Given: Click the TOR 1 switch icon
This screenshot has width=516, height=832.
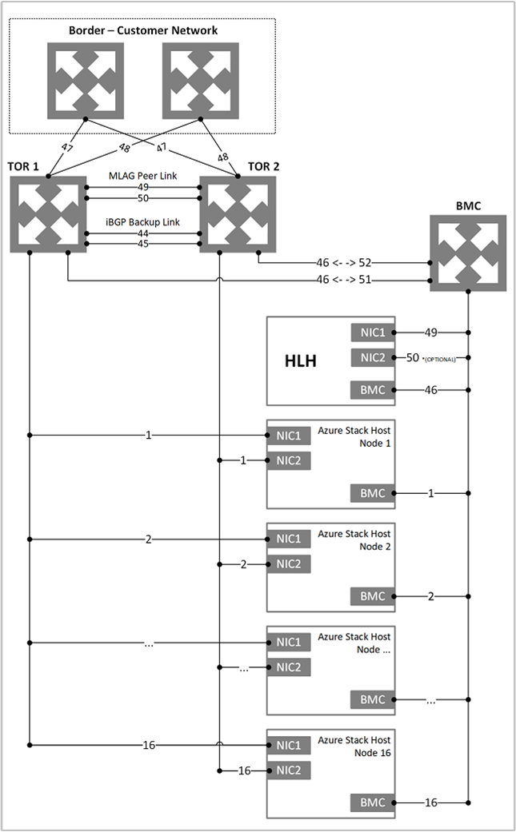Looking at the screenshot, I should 48,214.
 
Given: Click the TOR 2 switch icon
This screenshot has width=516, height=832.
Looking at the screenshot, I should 238,214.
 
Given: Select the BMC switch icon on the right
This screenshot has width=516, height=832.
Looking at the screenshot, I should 468,252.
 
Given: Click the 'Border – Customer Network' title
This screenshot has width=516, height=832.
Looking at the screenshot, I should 142,31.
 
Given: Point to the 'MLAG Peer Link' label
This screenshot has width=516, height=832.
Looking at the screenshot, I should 142,175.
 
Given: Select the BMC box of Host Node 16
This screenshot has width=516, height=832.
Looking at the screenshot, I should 372,802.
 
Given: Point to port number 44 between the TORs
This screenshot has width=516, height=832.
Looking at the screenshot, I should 142,233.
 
